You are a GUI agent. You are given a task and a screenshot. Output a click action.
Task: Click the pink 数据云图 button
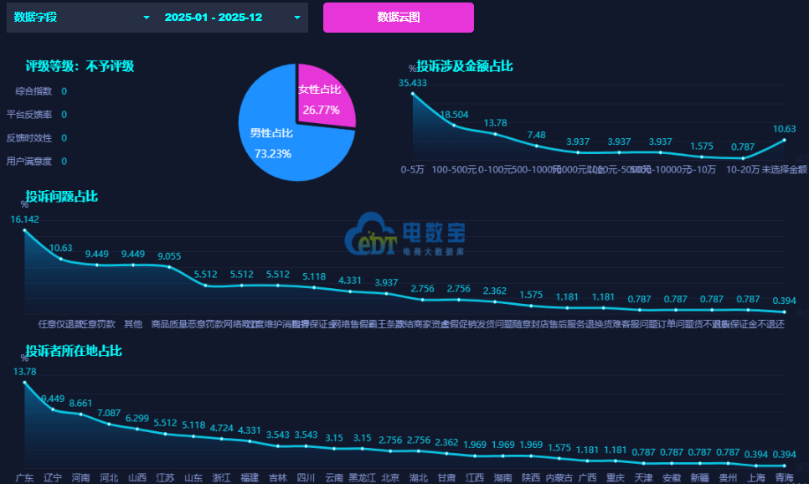click(398, 17)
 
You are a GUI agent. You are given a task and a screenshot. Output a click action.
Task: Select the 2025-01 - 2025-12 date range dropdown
click(232, 18)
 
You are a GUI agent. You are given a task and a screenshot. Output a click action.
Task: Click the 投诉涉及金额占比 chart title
click(465, 66)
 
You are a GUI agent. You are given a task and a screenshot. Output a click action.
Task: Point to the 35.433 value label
click(413, 83)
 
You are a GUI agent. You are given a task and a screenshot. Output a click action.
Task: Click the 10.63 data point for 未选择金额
click(785, 140)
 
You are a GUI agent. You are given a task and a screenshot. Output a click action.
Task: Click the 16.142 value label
click(25, 219)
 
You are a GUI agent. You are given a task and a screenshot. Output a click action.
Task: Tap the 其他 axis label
click(133, 324)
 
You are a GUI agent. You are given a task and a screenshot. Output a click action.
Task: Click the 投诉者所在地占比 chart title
click(73, 351)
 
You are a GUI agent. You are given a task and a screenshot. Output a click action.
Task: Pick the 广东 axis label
click(24, 478)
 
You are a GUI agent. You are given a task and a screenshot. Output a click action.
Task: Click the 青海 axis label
click(784, 478)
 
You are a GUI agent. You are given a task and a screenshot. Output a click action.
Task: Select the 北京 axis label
click(390, 478)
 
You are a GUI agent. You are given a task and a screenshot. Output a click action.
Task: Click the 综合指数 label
click(33, 91)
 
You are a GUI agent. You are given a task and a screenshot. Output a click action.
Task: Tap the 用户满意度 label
click(28, 161)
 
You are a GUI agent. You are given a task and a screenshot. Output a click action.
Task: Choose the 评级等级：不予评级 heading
click(80, 66)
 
